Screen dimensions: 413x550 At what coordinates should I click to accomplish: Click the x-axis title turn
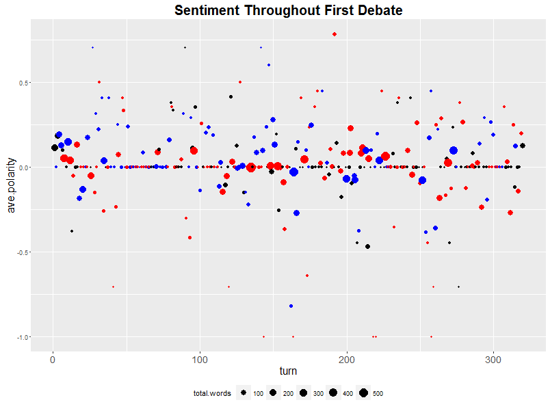click(x=288, y=370)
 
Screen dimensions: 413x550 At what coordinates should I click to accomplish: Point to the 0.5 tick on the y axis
click(x=22, y=83)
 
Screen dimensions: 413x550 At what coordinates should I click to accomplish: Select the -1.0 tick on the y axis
click(x=21, y=337)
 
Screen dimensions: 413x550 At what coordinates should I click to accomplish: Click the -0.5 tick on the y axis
click(x=21, y=252)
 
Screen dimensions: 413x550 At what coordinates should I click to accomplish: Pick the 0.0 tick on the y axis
click(x=22, y=168)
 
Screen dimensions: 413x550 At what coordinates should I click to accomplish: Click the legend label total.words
click(x=211, y=394)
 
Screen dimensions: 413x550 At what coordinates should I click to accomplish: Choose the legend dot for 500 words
click(x=363, y=393)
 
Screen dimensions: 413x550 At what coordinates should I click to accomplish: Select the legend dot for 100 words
click(x=244, y=393)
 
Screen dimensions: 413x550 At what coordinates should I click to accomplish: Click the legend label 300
click(x=317, y=394)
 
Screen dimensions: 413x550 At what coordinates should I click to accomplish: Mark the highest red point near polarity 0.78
click(x=335, y=34)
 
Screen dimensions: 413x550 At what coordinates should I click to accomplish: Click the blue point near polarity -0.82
click(x=291, y=306)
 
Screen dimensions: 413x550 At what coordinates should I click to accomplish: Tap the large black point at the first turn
click(x=55, y=148)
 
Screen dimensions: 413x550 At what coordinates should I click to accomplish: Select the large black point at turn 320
click(x=523, y=146)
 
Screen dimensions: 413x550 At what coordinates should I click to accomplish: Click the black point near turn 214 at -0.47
click(x=367, y=246)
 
